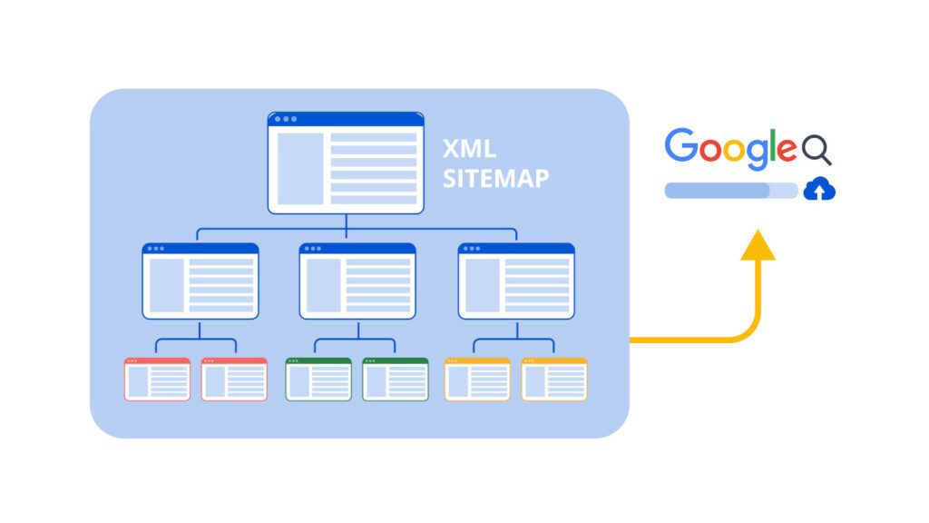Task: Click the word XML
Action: [469, 149]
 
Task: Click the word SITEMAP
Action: [496, 179]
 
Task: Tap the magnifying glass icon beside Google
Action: [817, 150]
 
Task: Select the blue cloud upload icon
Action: [819, 189]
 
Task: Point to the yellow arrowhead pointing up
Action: [758, 245]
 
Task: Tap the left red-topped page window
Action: [158, 380]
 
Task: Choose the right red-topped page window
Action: [234, 380]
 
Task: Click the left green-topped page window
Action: [318, 380]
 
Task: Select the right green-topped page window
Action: [396, 380]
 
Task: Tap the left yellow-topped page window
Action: [477, 380]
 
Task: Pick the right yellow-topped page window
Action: [554, 380]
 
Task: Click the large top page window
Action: [346, 163]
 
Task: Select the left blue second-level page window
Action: [200, 281]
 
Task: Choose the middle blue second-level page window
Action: [357, 281]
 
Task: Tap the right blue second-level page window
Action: [516, 281]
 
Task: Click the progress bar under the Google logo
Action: [732, 191]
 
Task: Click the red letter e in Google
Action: [787, 150]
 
